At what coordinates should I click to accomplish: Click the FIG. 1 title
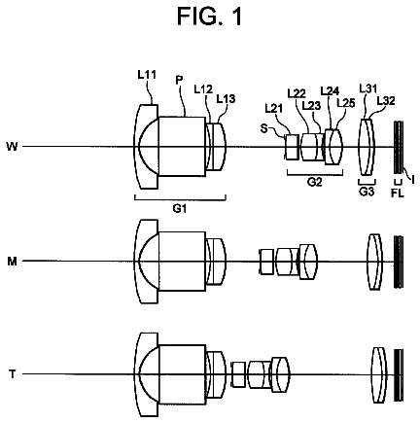click(210, 17)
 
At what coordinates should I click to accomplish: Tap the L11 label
click(147, 75)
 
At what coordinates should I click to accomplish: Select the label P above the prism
click(179, 80)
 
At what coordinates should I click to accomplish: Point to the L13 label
click(226, 98)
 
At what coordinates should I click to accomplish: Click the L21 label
click(274, 108)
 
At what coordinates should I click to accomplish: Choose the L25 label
click(346, 103)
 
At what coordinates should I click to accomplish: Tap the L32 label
click(386, 101)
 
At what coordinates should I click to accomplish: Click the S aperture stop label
click(264, 128)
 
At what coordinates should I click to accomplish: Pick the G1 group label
click(180, 209)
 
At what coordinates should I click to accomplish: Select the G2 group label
click(315, 182)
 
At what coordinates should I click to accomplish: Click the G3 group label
click(367, 192)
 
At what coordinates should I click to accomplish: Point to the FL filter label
click(398, 194)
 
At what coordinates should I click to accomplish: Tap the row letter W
click(12, 147)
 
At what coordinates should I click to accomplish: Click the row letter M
click(12, 262)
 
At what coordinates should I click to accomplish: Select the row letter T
click(13, 374)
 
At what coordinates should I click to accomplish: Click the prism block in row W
click(182, 147)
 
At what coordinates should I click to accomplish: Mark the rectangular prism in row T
click(182, 374)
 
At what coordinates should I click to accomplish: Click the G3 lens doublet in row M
click(374, 262)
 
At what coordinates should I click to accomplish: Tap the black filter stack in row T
click(399, 375)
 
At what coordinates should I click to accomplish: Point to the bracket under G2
click(315, 174)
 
